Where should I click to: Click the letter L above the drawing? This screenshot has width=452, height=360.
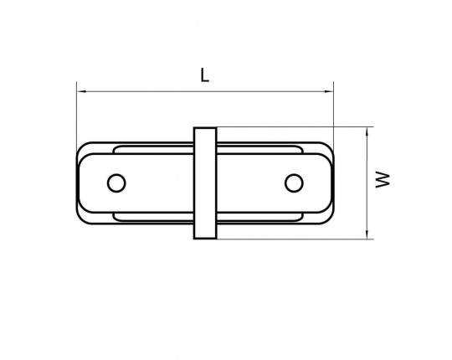click(x=204, y=75)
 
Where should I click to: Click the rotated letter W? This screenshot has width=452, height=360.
click(x=383, y=179)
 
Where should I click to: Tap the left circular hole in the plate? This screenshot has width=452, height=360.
click(x=116, y=183)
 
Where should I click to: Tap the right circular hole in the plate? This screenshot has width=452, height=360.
click(x=294, y=183)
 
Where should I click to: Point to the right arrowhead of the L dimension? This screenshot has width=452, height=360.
click(x=328, y=91)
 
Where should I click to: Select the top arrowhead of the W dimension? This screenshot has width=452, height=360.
click(x=367, y=132)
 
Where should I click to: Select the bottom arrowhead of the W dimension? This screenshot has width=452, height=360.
click(x=367, y=234)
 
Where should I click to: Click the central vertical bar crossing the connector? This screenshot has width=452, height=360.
click(x=205, y=183)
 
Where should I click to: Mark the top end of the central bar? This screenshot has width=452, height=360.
click(x=205, y=128)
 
